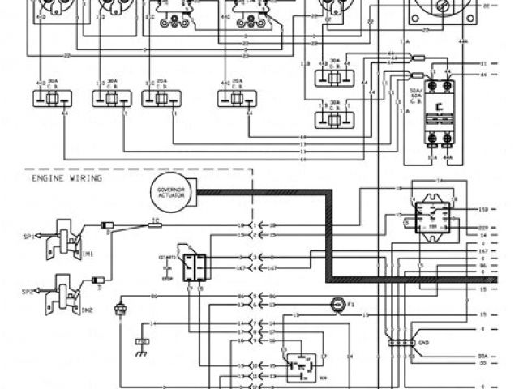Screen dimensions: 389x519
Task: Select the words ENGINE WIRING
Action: click(x=66, y=177)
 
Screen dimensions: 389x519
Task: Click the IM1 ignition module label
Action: click(x=87, y=254)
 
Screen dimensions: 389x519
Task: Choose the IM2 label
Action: click(x=87, y=309)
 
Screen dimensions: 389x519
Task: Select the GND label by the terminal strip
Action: click(x=423, y=343)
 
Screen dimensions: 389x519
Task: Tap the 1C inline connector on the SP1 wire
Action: click(x=155, y=222)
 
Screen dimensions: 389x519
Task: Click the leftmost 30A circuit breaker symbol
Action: click(x=50, y=98)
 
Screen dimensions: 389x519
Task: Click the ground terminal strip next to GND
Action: click(x=399, y=343)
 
